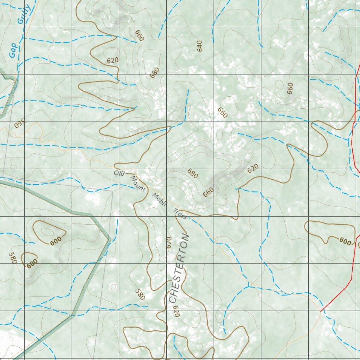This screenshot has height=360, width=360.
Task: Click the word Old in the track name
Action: coord(119,173)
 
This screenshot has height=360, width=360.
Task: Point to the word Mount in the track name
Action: coord(138,184)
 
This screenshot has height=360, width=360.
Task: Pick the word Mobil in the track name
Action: coord(159,199)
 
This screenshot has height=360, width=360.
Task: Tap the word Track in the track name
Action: coord(180,214)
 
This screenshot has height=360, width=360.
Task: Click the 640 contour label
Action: coord(200,46)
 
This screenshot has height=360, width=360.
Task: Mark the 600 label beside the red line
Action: coord(345,242)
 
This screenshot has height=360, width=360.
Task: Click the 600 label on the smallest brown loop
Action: coord(32,264)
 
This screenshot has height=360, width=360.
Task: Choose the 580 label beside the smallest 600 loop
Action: coord(13,258)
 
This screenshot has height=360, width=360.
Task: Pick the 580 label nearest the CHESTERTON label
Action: coord(140,294)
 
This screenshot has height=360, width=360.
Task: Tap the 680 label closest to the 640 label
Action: coord(154,72)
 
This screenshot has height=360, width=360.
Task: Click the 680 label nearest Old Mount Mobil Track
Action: coord(192,173)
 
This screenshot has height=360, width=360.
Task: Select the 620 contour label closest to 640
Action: coord(112,60)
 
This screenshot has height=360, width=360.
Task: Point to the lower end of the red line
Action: coord(321,311)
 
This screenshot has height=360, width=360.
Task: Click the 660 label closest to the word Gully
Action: coord(139,36)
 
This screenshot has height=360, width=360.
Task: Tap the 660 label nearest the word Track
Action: coord(208,192)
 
